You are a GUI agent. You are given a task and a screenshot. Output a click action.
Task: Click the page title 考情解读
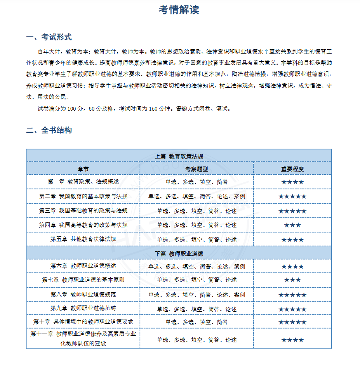(x=179, y=10)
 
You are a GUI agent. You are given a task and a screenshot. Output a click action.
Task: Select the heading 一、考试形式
(x=49, y=37)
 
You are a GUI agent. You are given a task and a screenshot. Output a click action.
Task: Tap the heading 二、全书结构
(x=49, y=130)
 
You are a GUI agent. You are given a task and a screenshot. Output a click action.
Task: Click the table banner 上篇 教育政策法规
(x=179, y=156)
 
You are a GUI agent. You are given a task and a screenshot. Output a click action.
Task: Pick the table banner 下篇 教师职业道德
(x=179, y=253)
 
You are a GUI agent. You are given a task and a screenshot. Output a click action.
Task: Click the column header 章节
(x=83, y=169)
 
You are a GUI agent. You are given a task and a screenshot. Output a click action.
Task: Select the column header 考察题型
(x=197, y=169)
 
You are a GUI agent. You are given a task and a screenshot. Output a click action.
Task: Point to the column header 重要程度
(x=292, y=169)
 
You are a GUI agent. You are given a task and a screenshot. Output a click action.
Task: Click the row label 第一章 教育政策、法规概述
(x=83, y=182)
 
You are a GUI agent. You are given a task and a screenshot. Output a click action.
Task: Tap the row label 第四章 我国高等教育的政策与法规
(x=83, y=225)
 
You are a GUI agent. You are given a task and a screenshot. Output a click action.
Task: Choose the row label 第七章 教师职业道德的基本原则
(x=83, y=279)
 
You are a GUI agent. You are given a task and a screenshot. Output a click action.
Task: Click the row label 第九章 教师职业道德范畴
(x=83, y=308)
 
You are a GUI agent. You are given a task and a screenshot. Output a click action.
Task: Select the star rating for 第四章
(x=292, y=226)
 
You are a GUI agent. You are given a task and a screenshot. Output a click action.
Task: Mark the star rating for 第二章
(x=292, y=196)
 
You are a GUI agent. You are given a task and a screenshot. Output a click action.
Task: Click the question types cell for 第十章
(x=197, y=322)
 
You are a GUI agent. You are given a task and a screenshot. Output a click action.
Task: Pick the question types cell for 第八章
(x=197, y=295)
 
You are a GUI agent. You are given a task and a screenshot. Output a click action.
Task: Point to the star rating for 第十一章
(x=292, y=340)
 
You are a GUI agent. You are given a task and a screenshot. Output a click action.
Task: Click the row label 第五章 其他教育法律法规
(x=83, y=239)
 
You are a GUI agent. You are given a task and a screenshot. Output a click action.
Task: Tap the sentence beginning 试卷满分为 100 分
(x=134, y=109)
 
